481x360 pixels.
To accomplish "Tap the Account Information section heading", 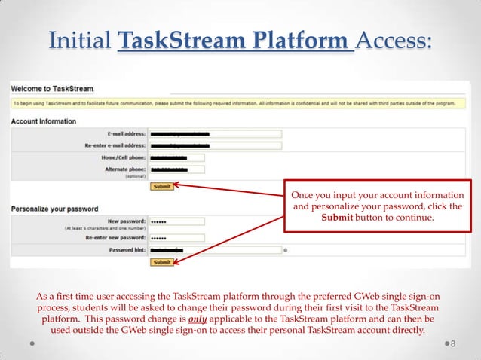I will [43, 121].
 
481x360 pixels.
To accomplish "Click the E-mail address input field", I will [215, 134].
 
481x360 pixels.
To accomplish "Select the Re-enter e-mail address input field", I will [215, 145].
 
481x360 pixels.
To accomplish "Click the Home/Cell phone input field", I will [176, 158].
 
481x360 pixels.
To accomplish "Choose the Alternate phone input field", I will [176, 170].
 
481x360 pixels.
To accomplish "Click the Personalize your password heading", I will [50, 208].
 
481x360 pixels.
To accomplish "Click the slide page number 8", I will [453, 344].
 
